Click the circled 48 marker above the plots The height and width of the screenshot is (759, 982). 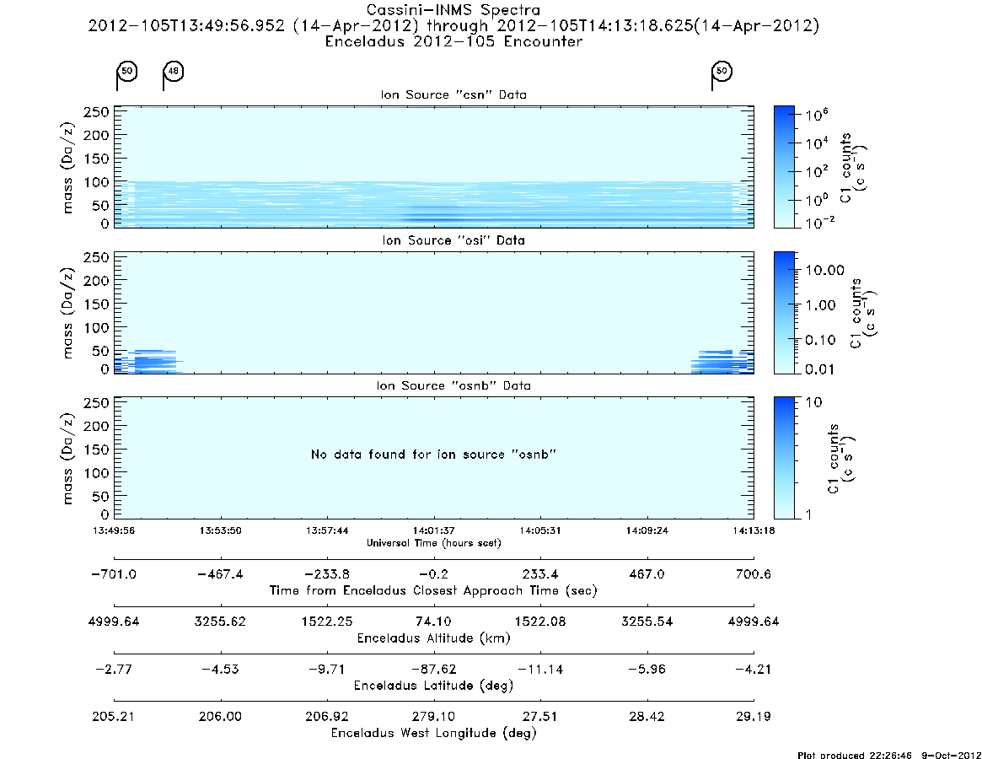tap(174, 71)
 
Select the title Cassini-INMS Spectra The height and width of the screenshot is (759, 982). tap(453, 10)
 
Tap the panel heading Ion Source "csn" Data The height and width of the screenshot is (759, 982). tap(453, 94)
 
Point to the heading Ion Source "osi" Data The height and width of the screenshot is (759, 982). tap(453, 240)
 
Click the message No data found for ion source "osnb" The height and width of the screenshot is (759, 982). tap(433, 454)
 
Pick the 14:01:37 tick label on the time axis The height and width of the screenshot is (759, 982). tap(433, 530)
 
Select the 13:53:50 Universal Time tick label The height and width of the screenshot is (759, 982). tap(221, 530)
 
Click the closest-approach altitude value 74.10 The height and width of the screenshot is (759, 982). tap(433, 621)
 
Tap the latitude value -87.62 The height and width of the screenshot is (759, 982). tap(433, 669)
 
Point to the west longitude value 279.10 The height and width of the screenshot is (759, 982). tap(433, 716)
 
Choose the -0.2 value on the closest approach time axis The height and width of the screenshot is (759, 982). tap(433, 574)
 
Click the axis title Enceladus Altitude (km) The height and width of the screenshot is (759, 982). tap(433, 638)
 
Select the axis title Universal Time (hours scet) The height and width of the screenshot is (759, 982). tap(433, 543)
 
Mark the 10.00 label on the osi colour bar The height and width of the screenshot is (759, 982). tap(825, 270)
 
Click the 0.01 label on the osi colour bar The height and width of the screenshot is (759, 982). tap(820, 369)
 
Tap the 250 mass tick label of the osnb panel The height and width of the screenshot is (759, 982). tap(96, 402)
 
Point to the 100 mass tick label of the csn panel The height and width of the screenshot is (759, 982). tap(96, 182)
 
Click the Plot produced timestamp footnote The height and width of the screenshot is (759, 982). tap(888, 755)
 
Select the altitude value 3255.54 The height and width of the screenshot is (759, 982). tap(647, 621)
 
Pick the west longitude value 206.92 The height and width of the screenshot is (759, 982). tap(327, 716)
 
